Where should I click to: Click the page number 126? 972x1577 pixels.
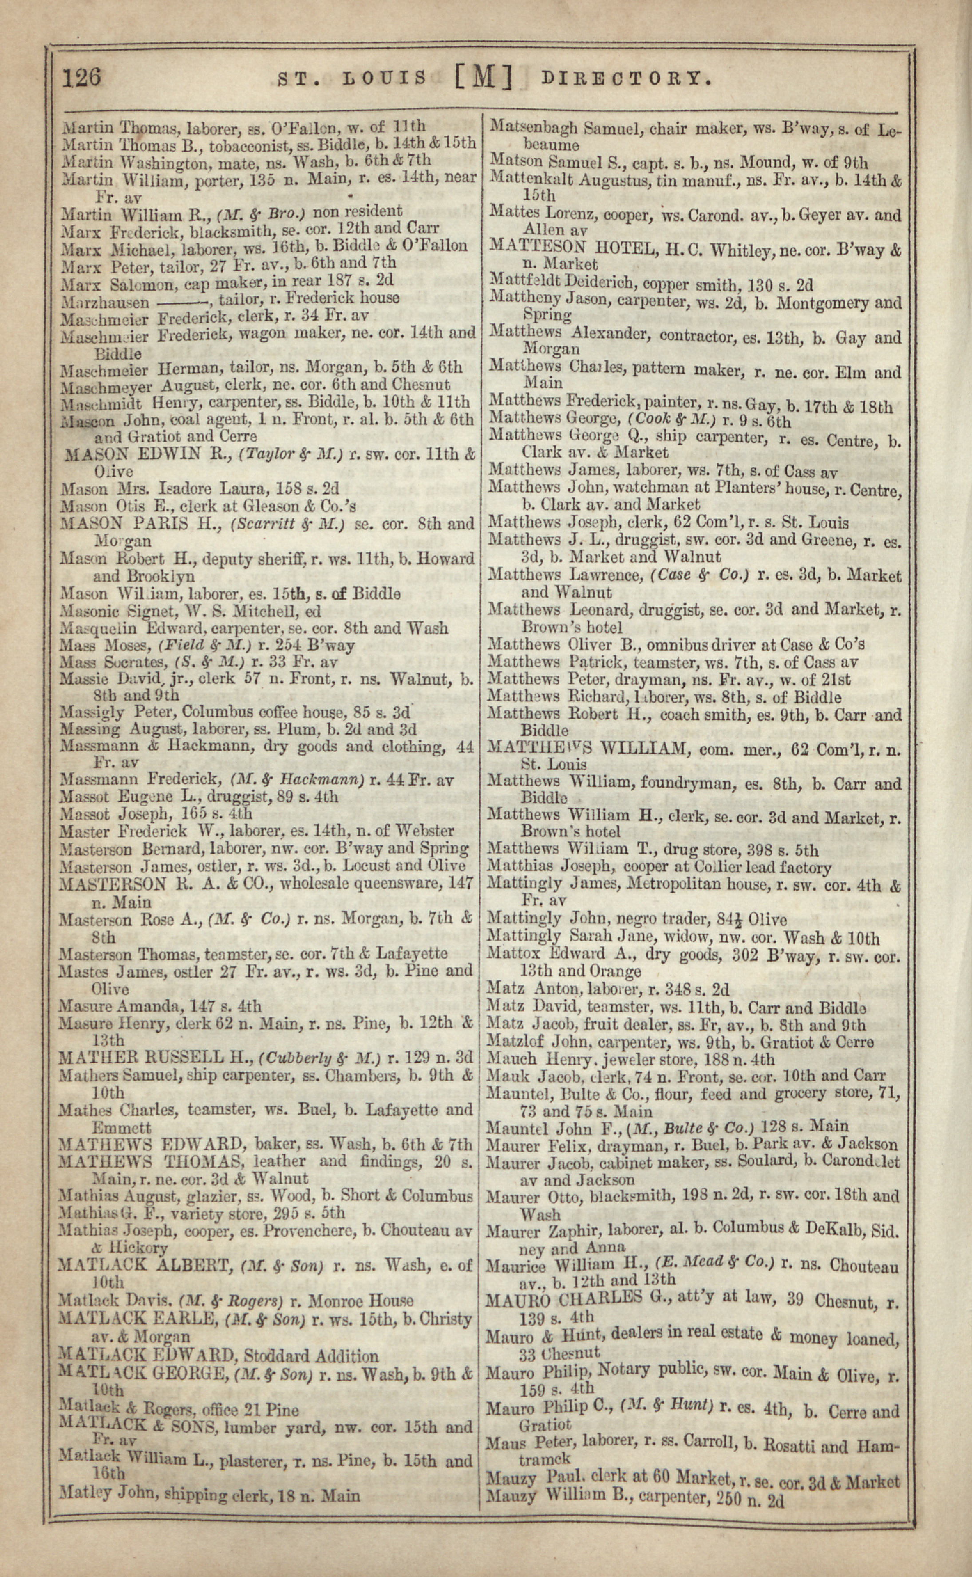point(82,77)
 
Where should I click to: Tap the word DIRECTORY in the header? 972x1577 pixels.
point(627,79)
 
